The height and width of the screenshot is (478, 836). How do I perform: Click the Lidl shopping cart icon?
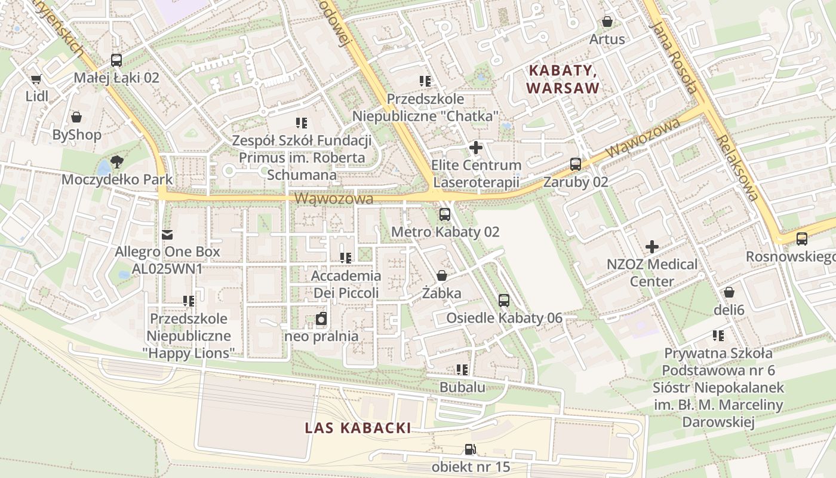[x=36, y=79]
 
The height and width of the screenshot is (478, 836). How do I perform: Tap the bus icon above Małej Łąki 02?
[x=116, y=60]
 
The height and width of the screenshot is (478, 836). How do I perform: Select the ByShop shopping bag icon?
[x=76, y=117]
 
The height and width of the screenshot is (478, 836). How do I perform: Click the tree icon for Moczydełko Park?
[x=117, y=161]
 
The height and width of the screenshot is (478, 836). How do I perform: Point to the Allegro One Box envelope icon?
[x=167, y=234]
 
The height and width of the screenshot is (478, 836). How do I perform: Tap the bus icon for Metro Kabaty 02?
[x=445, y=215]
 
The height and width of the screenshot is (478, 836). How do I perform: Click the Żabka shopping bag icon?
[x=442, y=275]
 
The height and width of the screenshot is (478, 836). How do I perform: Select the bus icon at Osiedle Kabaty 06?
[x=504, y=301]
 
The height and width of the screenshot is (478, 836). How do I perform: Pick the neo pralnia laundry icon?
[x=321, y=319]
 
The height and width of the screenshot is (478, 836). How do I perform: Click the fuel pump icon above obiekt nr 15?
[x=471, y=449]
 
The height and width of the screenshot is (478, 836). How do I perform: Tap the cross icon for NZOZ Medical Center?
[x=652, y=246]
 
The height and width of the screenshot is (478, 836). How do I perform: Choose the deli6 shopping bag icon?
[x=729, y=293]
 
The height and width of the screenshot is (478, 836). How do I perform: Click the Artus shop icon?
[x=607, y=22]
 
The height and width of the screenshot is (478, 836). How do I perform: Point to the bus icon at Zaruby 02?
[x=576, y=164]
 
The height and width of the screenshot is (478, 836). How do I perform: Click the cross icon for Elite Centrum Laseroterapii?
[x=476, y=147]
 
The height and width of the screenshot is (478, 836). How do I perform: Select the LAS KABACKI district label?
[x=358, y=428]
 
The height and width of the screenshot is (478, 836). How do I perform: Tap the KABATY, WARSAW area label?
[x=563, y=79]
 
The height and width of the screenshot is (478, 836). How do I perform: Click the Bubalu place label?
[x=462, y=387]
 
